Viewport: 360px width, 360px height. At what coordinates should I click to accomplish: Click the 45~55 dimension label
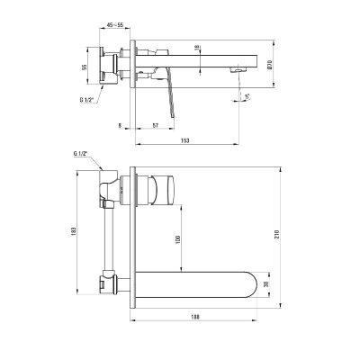pos(115,25)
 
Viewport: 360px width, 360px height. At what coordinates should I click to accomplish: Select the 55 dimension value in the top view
pos(85,67)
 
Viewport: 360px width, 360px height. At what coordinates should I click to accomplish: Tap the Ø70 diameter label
pos(269,65)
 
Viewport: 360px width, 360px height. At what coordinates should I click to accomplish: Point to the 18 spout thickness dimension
pos(197,48)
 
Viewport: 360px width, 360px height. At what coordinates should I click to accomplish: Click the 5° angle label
pos(247,96)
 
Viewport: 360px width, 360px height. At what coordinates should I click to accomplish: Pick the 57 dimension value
pos(155,125)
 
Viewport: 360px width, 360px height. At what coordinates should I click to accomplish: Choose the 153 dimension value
pos(185,140)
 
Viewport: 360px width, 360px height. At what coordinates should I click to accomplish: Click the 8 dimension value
pos(120,125)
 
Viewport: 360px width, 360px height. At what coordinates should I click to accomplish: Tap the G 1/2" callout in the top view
pos(86,100)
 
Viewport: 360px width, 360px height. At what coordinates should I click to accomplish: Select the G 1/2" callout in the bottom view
pos(80,153)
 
